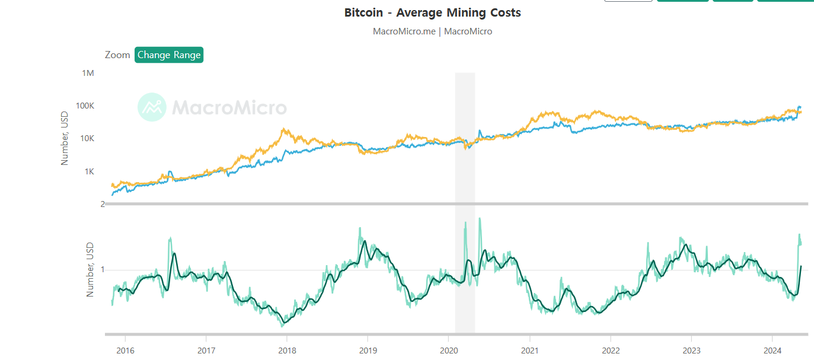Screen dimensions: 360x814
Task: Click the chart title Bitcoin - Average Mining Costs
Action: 432,12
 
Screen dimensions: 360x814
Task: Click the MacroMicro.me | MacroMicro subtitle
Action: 432,31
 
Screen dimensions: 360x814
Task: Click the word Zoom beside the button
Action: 117,55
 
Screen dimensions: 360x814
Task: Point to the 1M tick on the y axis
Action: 88,73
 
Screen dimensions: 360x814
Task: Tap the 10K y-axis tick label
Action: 86,138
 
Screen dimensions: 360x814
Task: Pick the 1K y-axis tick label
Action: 88,171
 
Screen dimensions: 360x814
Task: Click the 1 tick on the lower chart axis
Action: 103,270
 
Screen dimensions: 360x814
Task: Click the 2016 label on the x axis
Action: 125,350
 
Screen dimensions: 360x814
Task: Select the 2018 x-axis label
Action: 286,350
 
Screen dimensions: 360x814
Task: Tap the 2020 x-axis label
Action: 448,350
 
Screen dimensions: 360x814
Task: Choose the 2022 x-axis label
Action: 610,350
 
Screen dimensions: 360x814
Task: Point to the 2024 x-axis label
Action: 772,350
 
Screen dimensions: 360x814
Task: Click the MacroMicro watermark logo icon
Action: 152,107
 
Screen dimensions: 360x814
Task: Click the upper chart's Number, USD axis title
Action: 65,139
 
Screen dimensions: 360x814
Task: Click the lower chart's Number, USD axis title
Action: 90,269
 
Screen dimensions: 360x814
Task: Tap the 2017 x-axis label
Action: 206,350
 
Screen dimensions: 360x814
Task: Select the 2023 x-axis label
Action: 691,350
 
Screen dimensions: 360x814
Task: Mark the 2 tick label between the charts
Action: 103,204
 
